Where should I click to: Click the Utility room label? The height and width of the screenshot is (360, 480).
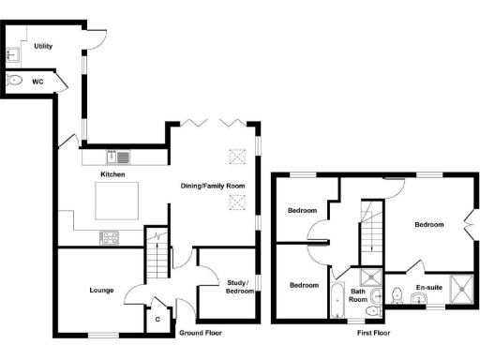click(42, 45)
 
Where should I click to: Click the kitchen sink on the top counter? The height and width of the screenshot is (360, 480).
click(122, 157)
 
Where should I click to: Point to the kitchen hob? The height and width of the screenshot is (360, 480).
click(110, 237)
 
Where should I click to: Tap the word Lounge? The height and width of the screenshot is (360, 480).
click(102, 291)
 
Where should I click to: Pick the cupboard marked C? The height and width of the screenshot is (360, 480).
click(157, 320)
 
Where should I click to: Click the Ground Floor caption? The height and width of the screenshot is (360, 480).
click(202, 333)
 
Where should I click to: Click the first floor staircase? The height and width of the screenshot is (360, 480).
click(372, 230)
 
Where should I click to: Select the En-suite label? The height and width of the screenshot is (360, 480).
click(427, 288)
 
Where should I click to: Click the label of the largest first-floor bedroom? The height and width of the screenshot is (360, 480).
click(429, 225)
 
